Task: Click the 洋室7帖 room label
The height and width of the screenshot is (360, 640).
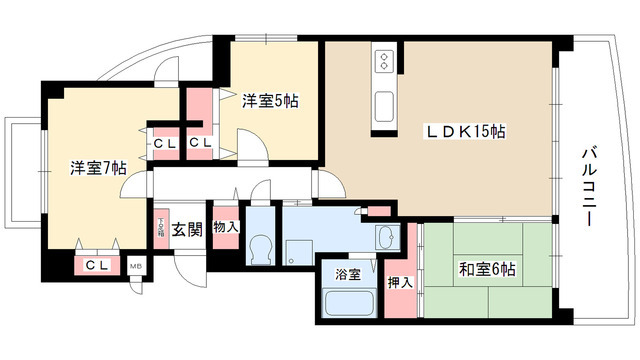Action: point(97,168)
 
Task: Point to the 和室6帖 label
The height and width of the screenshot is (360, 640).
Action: point(488,268)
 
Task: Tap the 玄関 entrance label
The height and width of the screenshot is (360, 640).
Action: point(187,229)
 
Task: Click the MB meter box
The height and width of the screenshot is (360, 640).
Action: point(136,266)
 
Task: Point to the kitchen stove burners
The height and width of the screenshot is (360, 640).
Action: point(382,63)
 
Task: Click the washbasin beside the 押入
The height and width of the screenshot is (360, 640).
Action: point(384,238)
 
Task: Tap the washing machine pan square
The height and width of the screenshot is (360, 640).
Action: point(298,251)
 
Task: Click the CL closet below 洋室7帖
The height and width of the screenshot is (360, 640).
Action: point(97,265)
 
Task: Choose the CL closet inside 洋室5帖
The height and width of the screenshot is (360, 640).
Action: point(200,143)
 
